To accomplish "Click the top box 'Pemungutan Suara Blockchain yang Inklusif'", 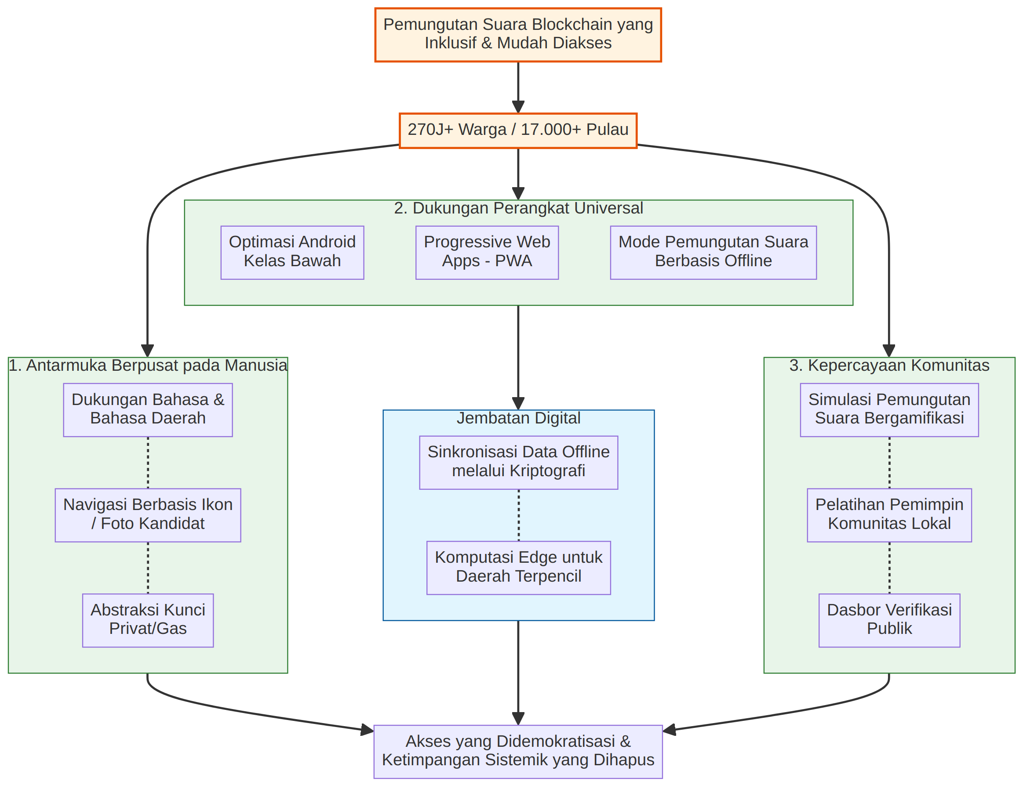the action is coord(518,35).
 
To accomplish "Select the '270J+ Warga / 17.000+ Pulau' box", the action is coord(518,130).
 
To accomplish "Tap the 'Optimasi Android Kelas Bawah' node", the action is coord(292,253).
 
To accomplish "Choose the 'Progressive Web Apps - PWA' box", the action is coord(487,253).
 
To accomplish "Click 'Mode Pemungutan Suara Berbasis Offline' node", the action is coord(713,253).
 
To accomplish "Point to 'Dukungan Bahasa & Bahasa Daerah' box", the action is coord(148,410).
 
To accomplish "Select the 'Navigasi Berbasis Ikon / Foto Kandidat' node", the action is coord(148,515).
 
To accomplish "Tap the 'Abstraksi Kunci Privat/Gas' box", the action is coord(148,621).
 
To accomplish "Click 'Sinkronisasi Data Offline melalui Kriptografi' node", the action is coord(518,463).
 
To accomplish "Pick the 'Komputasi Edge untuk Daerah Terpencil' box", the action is coord(518,568).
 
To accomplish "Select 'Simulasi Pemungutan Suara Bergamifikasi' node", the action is coord(889,410).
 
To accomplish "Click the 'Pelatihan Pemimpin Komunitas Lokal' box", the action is coord(889,515).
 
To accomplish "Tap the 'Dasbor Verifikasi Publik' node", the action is coord(889,621).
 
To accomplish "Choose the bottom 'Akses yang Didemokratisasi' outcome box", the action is coord(518,752).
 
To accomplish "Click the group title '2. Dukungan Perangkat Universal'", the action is coord(518,208).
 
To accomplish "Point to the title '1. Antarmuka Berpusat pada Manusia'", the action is coord(148,365).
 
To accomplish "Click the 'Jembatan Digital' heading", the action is coord(518,418).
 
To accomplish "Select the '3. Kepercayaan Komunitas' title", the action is coord(889,365).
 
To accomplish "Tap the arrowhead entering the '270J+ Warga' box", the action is coord(518,107).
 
